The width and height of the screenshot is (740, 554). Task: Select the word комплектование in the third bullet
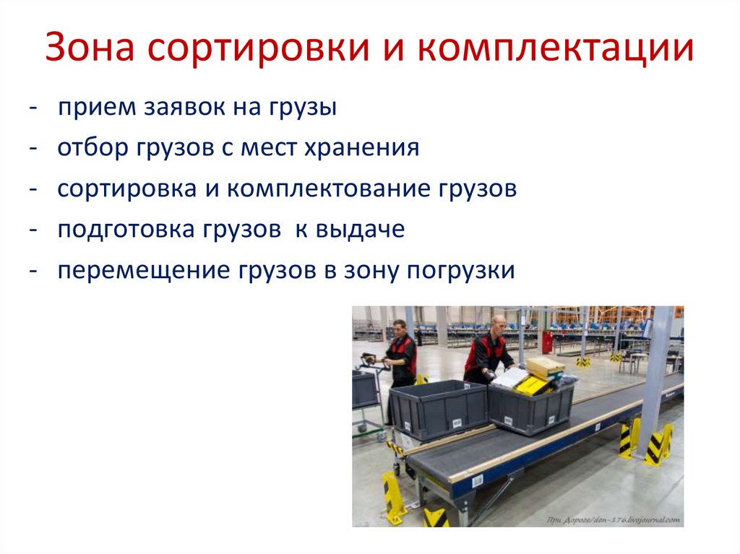[x=328, y=189]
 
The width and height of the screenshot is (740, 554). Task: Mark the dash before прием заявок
[x=34, y=108]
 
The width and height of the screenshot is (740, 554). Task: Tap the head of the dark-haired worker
[x=398, y=329]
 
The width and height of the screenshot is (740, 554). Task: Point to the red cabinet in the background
[x=547, y=341]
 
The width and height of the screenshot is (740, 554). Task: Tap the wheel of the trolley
[x=382, y=436]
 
